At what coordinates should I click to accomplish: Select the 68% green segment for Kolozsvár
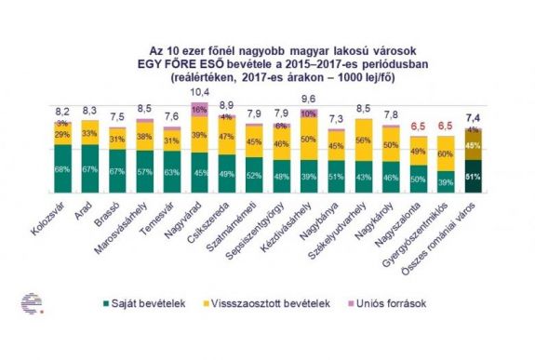point(61,168)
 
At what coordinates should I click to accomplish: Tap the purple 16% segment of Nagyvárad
point(197,109)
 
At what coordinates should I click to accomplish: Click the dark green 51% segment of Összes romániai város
point(473,172)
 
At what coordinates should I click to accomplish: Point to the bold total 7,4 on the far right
point(473,119)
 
